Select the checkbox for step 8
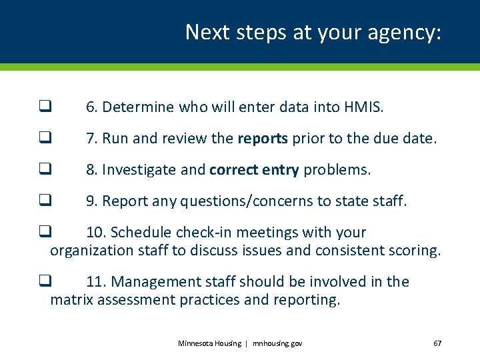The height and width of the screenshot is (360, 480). click(x=45, y=170)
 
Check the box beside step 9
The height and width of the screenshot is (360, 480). click(x=45, y=201)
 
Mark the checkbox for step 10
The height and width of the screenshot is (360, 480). click(x=45, y=233)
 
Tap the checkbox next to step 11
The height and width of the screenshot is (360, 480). click(x=45, y=282)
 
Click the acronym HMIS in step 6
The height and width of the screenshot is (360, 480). click(x=363, y=107)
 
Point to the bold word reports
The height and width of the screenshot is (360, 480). click(x=263, y=139)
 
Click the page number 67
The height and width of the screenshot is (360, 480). click(x=437, y=343)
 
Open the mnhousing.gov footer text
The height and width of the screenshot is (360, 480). click(x=277, y=343)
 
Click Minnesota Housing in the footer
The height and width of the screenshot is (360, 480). click(x=209, y=343)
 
